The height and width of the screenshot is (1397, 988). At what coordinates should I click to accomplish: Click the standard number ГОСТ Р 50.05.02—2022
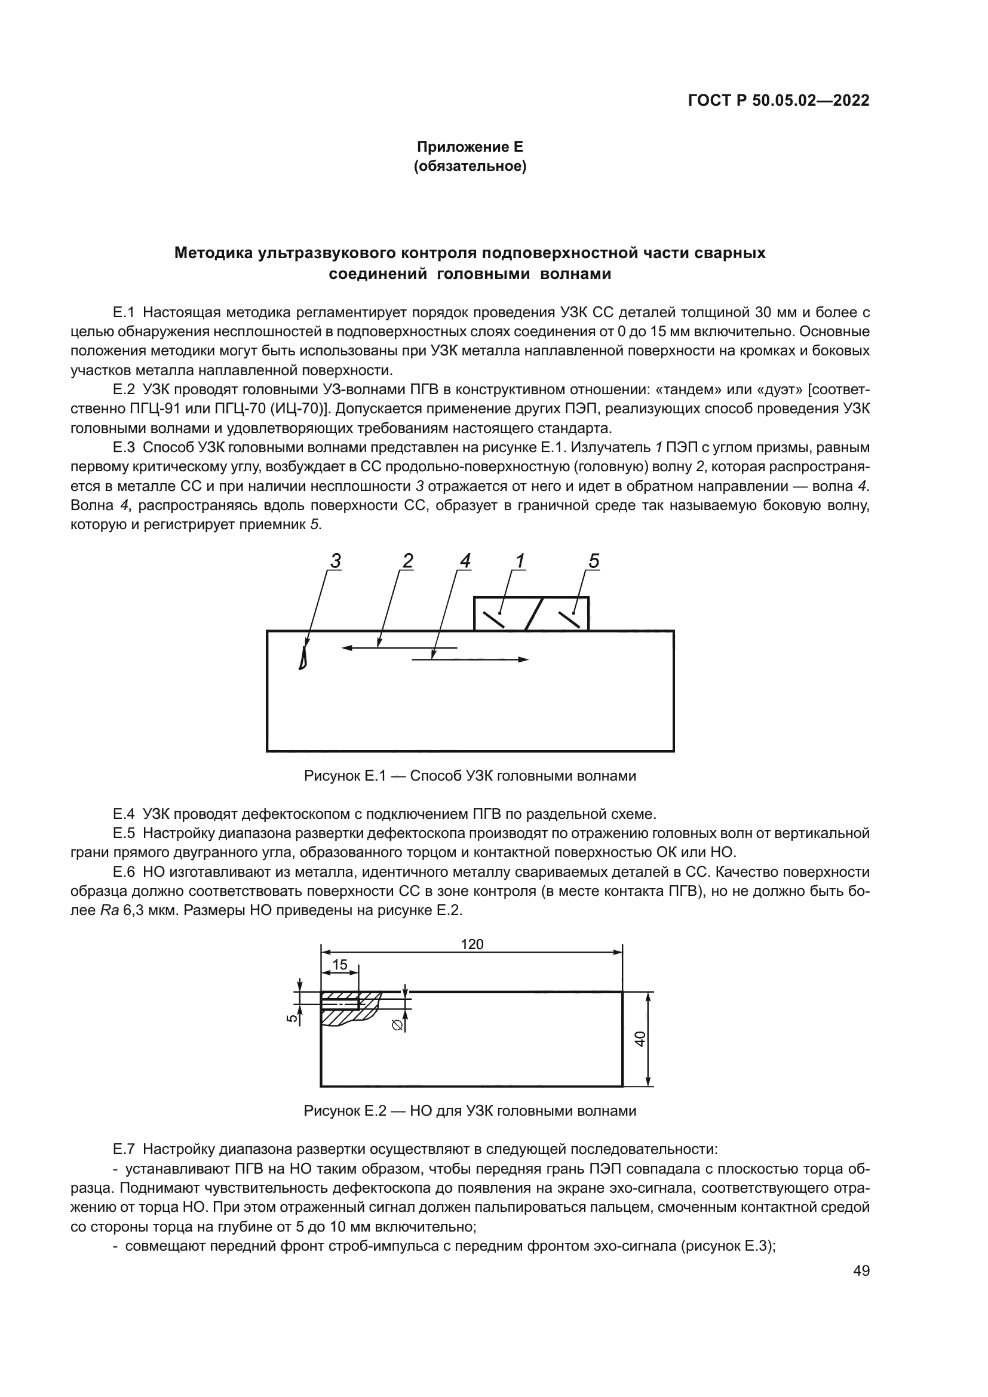pos(778,100)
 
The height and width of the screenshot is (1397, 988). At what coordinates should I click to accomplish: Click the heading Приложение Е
pos(469,147)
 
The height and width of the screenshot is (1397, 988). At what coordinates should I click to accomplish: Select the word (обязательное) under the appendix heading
pos(469,166)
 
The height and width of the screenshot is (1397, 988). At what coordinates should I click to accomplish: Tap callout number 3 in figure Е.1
pos(335,561)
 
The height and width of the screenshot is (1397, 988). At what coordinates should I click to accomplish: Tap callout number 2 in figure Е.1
pos(407,561)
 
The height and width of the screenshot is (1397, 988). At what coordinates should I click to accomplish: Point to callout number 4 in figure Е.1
pos(465,561)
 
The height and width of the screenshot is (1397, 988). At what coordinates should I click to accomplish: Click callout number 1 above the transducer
pos(520,561)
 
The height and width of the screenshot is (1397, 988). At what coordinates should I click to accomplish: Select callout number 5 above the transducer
pos(594,561)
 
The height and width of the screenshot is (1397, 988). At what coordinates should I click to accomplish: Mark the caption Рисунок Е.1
pos(469,776)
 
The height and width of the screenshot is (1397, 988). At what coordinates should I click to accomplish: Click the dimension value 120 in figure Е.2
pos(472,944)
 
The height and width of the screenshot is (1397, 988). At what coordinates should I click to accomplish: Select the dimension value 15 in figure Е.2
pos(339,965)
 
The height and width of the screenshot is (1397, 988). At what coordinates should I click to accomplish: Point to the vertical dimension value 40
pos(639,1039)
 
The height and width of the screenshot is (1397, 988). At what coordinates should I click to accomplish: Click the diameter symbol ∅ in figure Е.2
pos(397,1026)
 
